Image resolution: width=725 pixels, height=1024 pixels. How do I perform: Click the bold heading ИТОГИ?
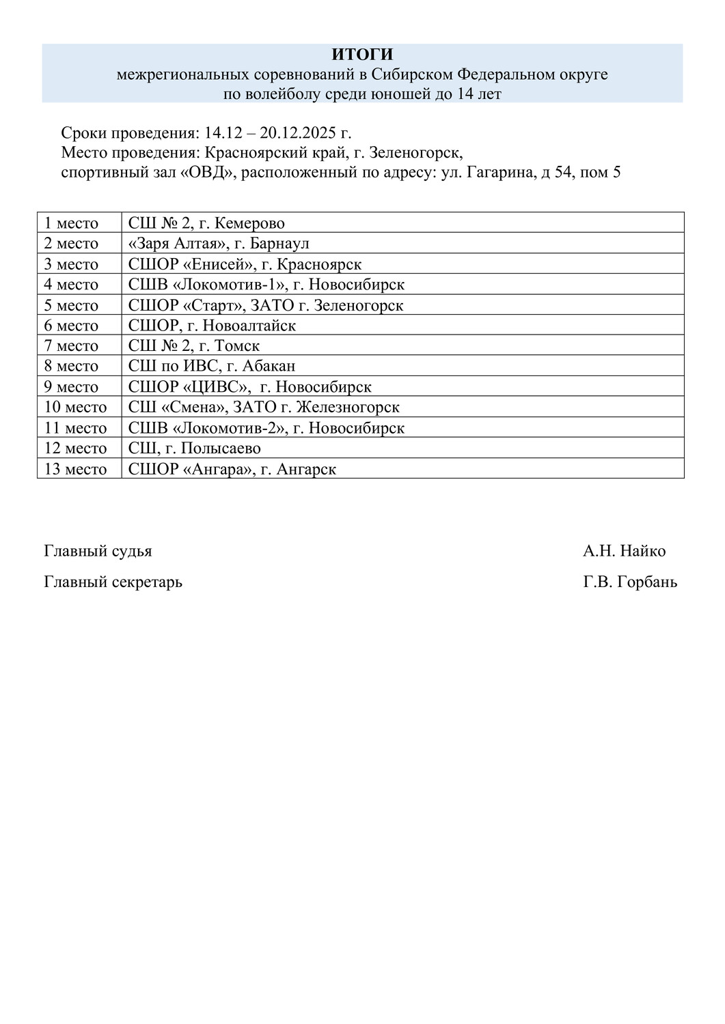[x=362, y=55]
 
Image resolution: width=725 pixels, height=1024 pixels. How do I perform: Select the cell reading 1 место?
[x=72, y=223]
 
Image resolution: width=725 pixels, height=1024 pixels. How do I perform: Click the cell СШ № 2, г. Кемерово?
[x=206, y=223]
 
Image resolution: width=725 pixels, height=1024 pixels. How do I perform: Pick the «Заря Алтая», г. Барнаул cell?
[x=219, y=244]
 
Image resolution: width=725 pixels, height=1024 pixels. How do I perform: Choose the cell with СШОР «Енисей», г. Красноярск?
[x=245, y=264]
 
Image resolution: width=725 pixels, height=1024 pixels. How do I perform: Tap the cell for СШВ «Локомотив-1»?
[x=266, y=285]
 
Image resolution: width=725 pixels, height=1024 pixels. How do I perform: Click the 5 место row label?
[x=72, y=305]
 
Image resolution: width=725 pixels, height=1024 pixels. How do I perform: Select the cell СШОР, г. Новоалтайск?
[x=212, y=326]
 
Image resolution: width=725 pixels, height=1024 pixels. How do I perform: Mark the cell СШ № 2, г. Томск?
[x=194, y=346]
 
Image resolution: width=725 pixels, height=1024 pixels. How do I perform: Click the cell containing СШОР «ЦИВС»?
[x=250, y=387]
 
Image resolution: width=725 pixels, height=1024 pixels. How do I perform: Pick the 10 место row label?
[x=76, y=408]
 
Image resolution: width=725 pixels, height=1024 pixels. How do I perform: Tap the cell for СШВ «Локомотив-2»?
[x=266, y=428]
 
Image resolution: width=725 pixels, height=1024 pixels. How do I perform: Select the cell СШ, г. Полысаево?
[x=195, y=449]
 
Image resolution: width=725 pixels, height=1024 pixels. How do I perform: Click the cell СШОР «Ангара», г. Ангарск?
[x=232, y=469]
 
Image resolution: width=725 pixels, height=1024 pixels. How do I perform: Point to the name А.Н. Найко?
[x=624, y=551]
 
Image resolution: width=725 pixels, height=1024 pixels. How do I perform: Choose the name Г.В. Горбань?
[x=630, y=582]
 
